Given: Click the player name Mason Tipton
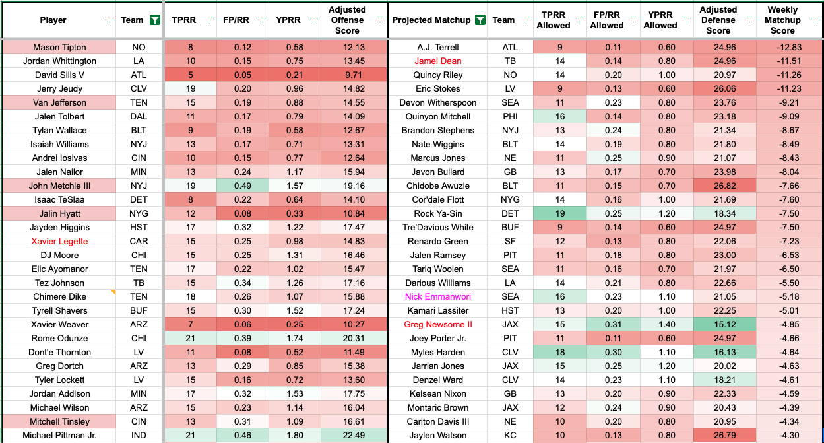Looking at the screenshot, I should point(59,48).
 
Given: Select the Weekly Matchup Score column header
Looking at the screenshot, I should point(782,20).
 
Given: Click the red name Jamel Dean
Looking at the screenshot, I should point(437,61).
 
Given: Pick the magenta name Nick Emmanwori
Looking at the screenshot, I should point(437,296).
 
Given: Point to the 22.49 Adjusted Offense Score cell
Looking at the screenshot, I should point(354,435).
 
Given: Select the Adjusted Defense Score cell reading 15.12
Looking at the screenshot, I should point(718,324).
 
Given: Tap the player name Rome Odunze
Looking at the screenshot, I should point(59,338).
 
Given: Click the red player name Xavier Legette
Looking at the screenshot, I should point(59,241).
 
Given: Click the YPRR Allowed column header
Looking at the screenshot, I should point(660,20).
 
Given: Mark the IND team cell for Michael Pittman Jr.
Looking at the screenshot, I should point(139,435).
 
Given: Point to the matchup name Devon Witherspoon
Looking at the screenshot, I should point(437,102).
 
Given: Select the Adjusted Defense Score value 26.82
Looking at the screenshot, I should point(718,186).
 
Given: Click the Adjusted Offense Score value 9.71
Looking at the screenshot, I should point(354,75).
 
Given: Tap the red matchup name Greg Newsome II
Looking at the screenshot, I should point(437,324).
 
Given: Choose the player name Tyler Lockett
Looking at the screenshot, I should point(59,380).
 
